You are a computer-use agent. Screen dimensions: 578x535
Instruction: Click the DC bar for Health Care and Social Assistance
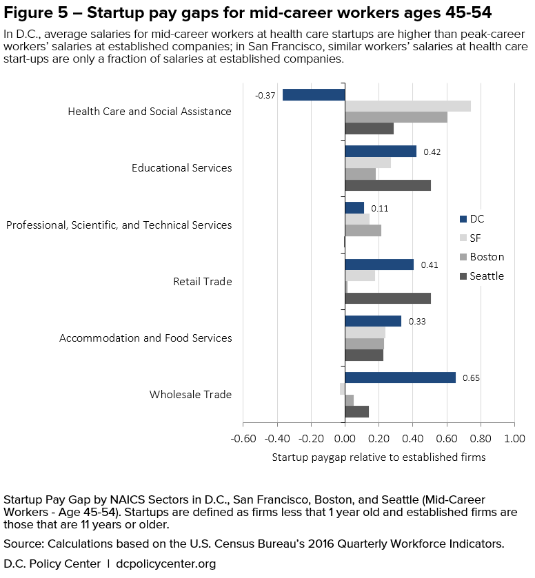point(314,95)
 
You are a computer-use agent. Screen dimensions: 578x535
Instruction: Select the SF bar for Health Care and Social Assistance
point(407,106)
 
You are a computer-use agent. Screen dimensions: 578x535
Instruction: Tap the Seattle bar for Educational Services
point(387,185)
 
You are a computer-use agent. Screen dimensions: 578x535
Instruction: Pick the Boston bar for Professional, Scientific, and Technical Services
point(363,231)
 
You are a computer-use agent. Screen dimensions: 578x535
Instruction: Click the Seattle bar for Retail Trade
point(387,298)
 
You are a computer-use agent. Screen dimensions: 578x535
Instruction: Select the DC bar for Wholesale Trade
point(400,378)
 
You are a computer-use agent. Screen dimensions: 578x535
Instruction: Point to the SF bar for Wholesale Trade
point(342,389)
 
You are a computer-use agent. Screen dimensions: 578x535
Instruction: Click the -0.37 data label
point(265,96)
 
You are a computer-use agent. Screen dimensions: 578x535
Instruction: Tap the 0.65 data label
point(471,378)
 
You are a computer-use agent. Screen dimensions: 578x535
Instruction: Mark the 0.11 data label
point(380,208)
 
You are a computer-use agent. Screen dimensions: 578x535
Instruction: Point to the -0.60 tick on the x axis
point(243,439)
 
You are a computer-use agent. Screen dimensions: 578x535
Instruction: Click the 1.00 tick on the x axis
point(514,439)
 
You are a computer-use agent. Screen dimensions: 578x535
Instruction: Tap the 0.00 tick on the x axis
point(345,439)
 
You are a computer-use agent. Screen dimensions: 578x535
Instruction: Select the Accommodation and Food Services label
point(145,338)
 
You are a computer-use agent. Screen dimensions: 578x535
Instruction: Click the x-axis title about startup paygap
point(378,457)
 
